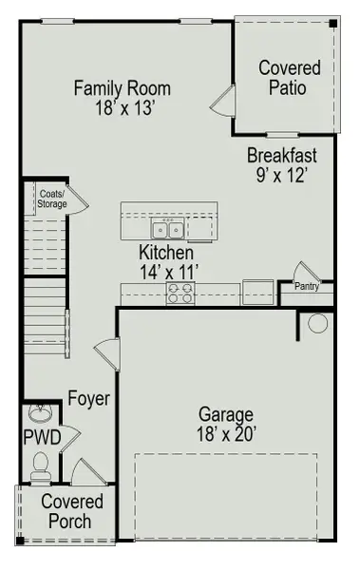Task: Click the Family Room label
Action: (123, 88)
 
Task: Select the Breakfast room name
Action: (281, 155)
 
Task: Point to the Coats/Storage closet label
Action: (50, 199)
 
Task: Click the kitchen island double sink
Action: (169, 229)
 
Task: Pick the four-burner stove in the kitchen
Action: (180, 293)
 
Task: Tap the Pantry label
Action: (306, 286)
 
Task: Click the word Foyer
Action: (88, 399)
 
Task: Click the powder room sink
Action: (41, 415)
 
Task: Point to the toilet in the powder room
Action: (40, 465)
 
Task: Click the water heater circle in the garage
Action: (318, 323)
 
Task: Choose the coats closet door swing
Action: (77, 199)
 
